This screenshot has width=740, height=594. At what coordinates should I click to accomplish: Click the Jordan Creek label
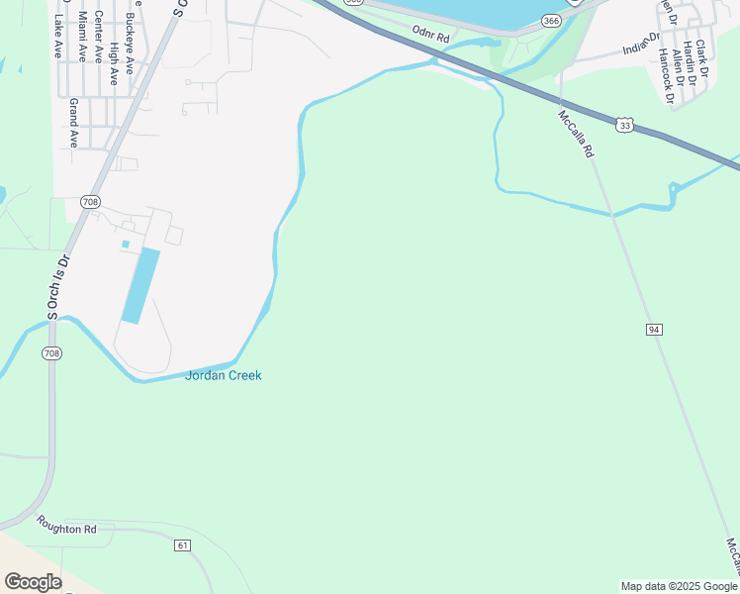click(223, 375)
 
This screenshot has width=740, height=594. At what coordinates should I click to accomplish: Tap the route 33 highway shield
click(623, 125)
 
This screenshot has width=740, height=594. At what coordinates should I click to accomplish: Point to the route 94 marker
click(654, 329)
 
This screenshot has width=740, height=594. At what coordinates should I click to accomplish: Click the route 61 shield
click(182, 545)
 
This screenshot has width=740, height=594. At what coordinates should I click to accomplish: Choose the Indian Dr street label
click(641, 44)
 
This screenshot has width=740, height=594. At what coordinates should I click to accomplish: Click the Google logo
click(33, 581)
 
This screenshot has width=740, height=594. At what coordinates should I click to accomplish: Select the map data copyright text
click(678, 586)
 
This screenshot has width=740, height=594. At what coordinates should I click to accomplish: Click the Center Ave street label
click(98, 36)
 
